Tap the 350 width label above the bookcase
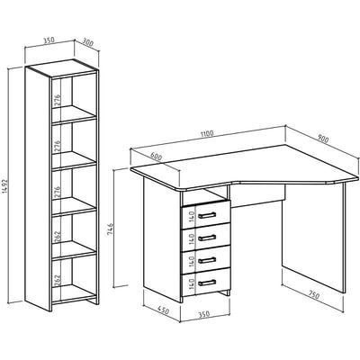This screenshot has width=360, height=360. [49, 40]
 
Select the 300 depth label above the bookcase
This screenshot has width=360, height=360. [87, 42]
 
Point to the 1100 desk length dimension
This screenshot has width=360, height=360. [207, 134]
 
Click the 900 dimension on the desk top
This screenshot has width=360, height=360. [323, 139]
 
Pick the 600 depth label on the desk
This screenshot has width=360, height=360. [157, 157]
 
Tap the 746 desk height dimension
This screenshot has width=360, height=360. [110, 229]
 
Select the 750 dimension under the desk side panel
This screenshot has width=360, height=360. [314, 295]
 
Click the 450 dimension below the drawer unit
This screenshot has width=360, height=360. [164, 310]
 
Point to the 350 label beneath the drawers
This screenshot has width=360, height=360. [204, 314]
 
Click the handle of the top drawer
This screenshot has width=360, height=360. [207, 215]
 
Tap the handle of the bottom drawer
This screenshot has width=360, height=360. [207, 283]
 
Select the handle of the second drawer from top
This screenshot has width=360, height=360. [207, 238]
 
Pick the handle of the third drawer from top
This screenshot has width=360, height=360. [207, 260]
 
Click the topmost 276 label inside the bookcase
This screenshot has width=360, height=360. [58, 101]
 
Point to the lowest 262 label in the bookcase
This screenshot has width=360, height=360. [58, 281]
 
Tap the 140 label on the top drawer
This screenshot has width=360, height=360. [193, 216]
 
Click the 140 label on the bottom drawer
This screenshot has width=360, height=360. [193, 283]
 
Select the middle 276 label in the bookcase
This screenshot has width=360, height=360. [58, 146]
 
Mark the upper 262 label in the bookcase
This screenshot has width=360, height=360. [58, 237]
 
